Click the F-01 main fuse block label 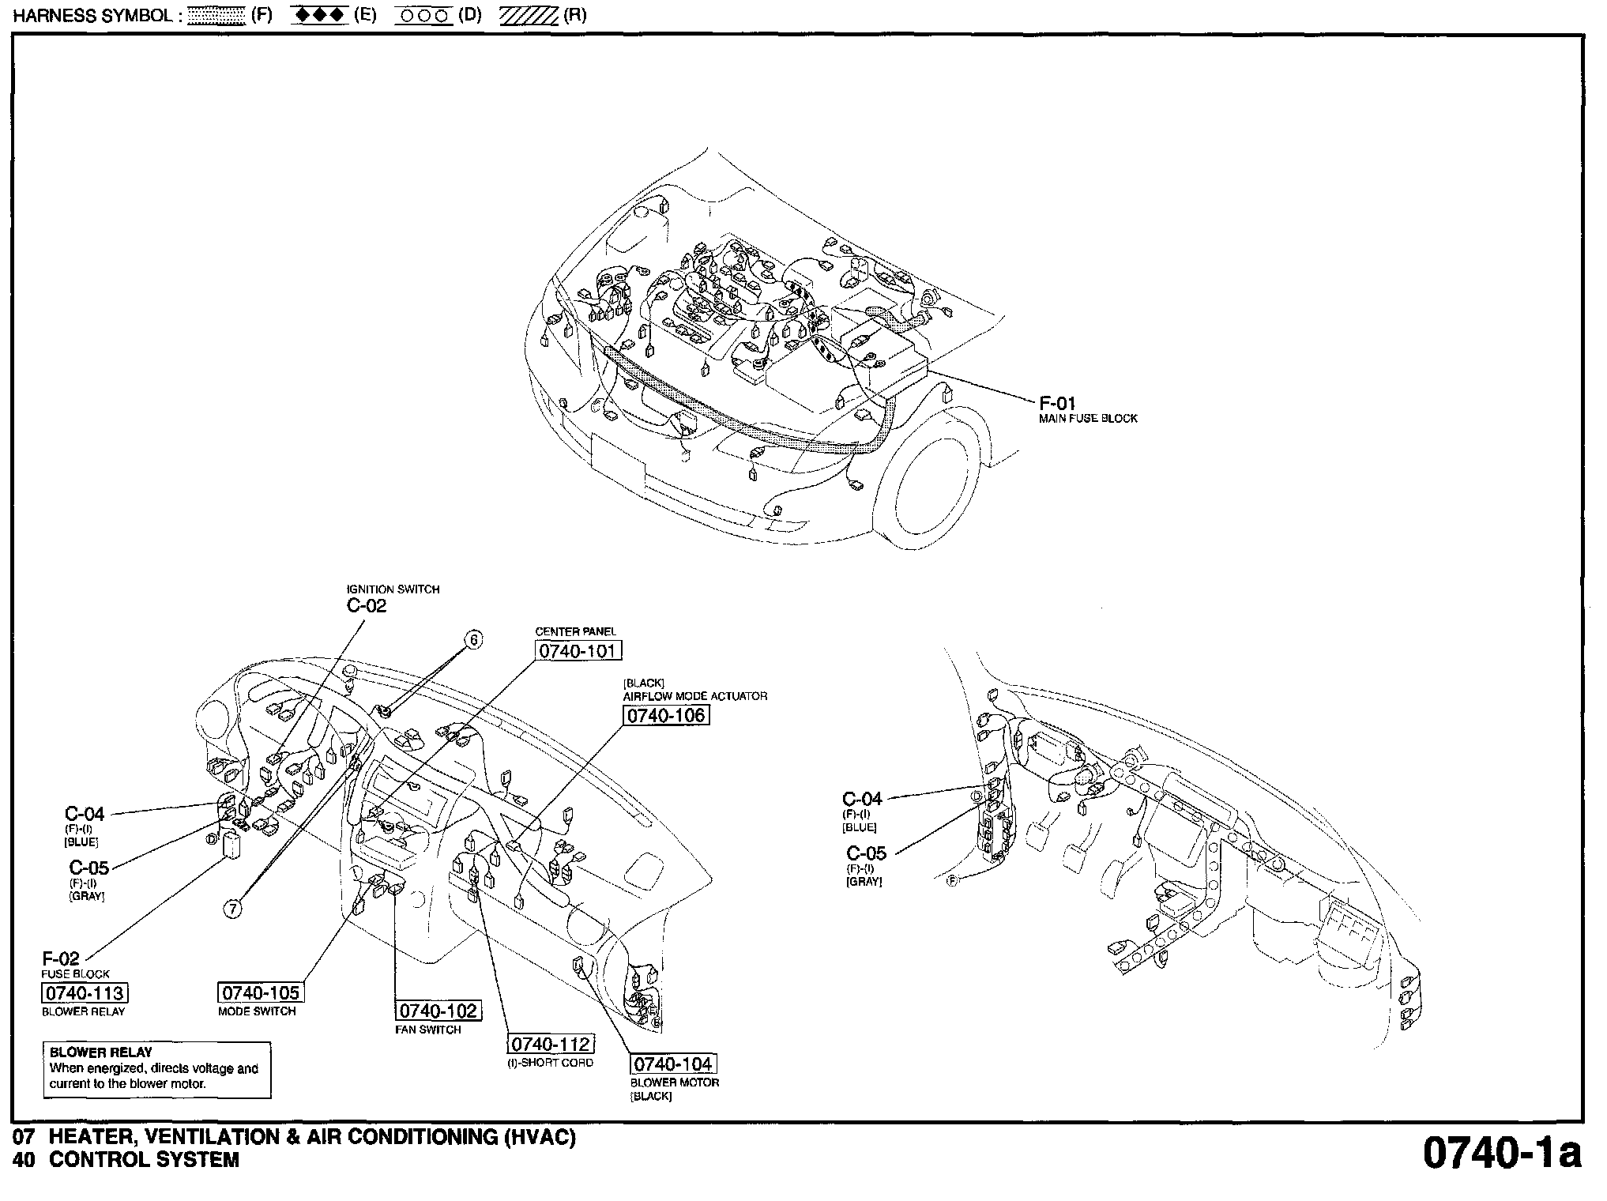(x=1057, y=404)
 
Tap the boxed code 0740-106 (x=666, y=715)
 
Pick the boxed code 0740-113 (x=84, y=993)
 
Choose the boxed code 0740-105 (x=261, y=992)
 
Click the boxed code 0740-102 (x=438, y=1011)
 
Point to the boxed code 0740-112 (x=550, y=1044)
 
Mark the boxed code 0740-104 (x=673, y=1064)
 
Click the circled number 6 (x=473, y=640)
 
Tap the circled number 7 (x=232, y=909)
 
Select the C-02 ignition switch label (x=367, y=606)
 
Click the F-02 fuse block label (x=61, y=959)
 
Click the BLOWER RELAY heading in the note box (x=100, y=1052)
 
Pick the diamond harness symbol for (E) (x=319, y=16)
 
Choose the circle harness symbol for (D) (x=423, y=16)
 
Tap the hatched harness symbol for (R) (x=529, y=16)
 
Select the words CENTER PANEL (x=575, y=631)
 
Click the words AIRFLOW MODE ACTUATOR (x=694, y=696)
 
